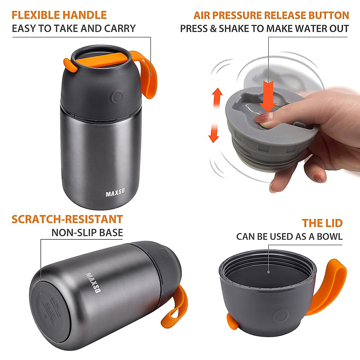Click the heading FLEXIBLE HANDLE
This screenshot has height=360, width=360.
tap(59, 15)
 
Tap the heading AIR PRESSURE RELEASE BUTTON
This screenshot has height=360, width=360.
tap(271, 15)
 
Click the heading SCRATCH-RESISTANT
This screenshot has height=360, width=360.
tap(67, 219)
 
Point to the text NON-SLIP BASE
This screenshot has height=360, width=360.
tap(87, 233)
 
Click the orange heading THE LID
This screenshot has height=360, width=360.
tap(322, 223)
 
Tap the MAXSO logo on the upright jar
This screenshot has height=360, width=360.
tap(115, 192)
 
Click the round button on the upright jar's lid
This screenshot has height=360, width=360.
tap(117, 97)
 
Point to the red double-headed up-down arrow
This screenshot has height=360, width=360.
tap(216, 115)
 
